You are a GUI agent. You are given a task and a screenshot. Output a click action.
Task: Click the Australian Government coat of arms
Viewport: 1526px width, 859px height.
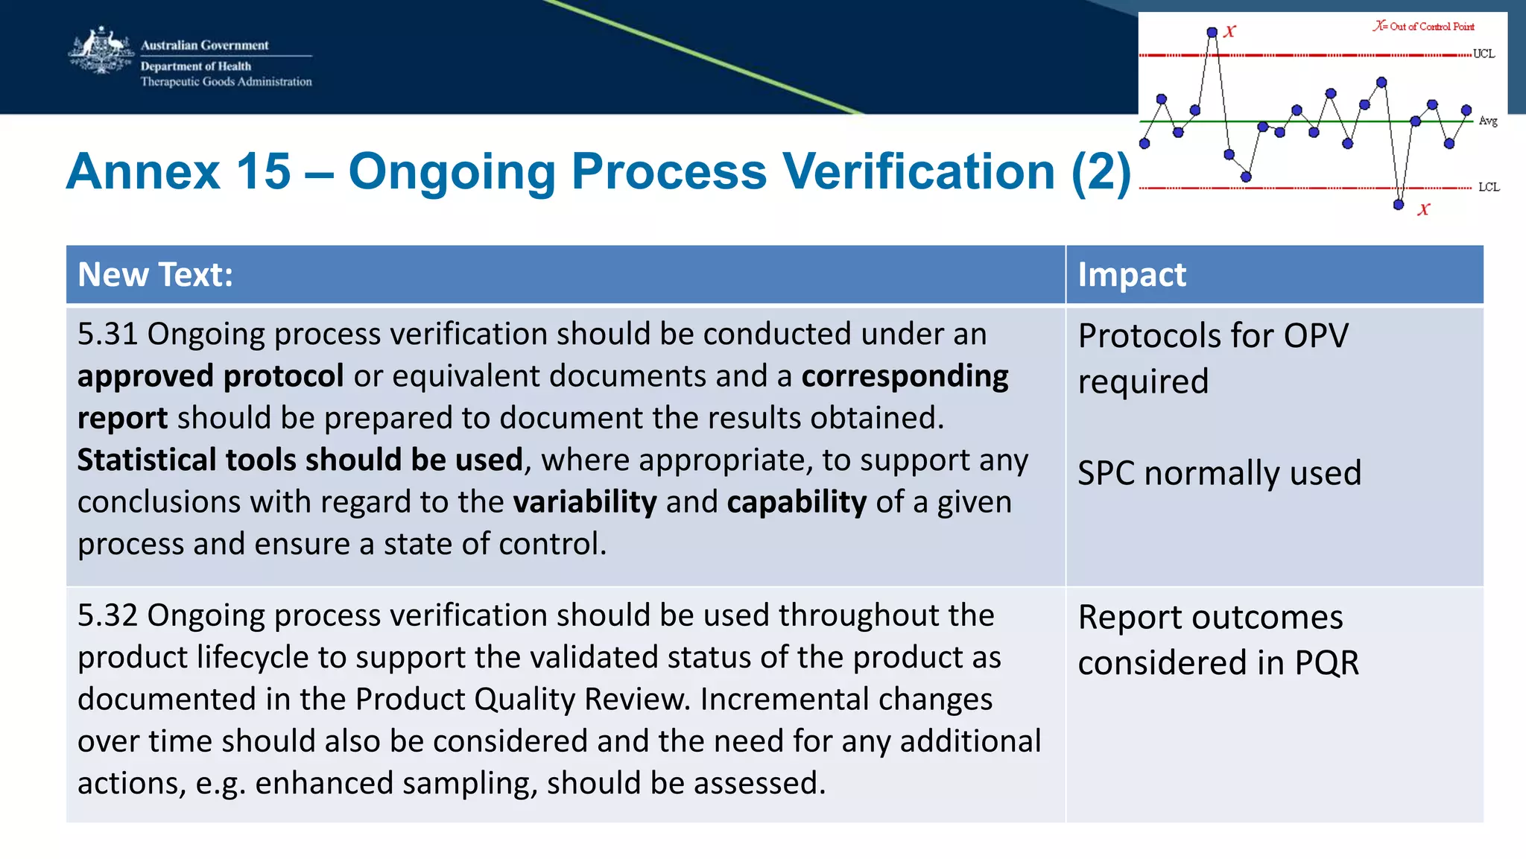(100, 51)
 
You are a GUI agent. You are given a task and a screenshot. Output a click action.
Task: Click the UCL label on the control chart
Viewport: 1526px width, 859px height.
(1484, 54)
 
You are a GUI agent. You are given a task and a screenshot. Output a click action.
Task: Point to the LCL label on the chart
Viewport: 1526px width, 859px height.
(1488, 187)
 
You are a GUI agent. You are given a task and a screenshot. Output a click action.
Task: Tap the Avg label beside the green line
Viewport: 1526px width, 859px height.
(1487, 121)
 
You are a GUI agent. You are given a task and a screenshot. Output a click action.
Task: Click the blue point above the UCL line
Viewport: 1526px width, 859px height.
(1212, 32)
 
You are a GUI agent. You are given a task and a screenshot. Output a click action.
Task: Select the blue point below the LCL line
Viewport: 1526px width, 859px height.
(1399, 204)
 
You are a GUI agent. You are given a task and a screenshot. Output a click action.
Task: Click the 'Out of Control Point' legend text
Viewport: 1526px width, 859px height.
(1431, 27)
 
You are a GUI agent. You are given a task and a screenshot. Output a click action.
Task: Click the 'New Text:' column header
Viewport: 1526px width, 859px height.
(155, 275)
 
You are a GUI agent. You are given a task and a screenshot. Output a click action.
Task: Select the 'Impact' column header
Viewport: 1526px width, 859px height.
(1131, 275)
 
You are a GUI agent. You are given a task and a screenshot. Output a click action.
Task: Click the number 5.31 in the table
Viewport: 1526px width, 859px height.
(107, 335)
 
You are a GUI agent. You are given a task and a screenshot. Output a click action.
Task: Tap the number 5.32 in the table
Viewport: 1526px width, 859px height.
(107, 616)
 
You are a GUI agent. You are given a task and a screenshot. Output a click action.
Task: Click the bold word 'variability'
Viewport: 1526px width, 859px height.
(585, 503)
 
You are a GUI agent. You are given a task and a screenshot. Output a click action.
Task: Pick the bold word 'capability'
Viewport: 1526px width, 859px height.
(797, 503)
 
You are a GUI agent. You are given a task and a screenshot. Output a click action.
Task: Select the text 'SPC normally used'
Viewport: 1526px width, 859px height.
(1219, 474)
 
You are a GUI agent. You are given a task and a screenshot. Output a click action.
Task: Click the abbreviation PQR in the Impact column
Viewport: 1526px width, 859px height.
(1326, 663)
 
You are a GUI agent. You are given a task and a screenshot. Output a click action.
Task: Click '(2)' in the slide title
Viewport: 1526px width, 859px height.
(1101, 172)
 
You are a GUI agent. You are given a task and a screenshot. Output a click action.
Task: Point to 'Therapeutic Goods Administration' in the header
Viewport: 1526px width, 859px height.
(226, 82)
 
